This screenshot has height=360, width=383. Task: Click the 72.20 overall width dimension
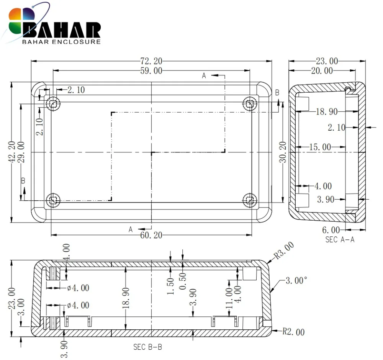(x=151, y=61)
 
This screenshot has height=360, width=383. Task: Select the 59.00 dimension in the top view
(x=151, y=71)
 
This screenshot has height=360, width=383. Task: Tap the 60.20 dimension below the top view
(x=151, y=235)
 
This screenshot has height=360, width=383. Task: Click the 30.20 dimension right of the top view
(x=283, y=152)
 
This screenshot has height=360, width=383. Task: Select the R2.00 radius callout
(x=294, y=332)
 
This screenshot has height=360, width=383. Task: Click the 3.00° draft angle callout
(x=296, y=280)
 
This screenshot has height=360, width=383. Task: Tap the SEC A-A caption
(x=340, y=240)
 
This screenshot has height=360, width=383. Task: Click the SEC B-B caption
(x=147, y=347)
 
